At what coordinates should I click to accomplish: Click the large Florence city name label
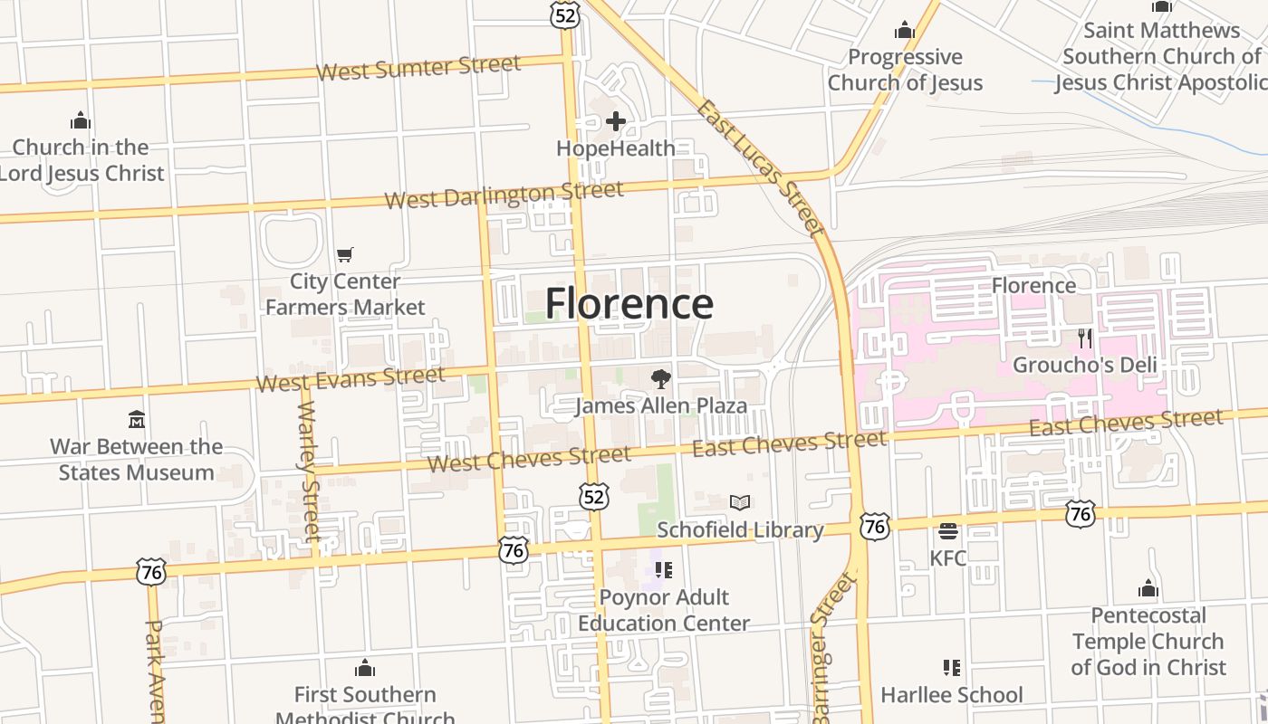click(629, 303)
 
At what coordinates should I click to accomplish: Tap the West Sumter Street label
click(418, 68)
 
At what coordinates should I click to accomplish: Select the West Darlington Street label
click(504, 195)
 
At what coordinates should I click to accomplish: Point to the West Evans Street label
click(351, 379)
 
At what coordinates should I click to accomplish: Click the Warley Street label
click(309, 472)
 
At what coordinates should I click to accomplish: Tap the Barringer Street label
click(832, 646)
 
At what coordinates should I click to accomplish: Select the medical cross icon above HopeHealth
click(616, 121)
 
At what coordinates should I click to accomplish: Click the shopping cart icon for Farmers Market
click(344, 255)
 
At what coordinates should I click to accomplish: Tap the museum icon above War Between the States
click(137, 420)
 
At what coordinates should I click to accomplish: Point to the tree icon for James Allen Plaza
click(661, 379)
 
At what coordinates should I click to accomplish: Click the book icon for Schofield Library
click(740, 502)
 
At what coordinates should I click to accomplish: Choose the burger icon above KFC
click(948, 531)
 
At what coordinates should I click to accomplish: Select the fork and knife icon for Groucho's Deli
click(1084, 338)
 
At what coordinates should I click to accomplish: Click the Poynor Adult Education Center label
click(664, 610)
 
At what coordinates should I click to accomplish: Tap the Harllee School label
click(952, 695)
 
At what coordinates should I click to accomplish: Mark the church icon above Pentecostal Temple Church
click(1148, 589)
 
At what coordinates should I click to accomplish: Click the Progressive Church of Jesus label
click(905, 70)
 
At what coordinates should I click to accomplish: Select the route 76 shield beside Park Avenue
click(151, 572)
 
